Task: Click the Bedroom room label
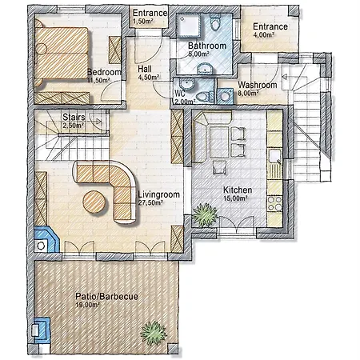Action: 104,72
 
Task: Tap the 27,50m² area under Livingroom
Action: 150,202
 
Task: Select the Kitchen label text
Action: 238,190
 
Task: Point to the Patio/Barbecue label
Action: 106,296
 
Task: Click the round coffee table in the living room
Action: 94,202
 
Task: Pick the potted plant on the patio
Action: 154,333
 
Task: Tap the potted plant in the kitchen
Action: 205,214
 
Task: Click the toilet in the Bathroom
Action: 215,22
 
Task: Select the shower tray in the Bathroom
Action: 190,25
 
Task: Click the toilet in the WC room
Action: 205,96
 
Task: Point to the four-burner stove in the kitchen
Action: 275,203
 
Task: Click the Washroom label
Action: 258,85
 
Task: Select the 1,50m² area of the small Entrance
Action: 143,22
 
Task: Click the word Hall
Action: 145,69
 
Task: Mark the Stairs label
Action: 74,117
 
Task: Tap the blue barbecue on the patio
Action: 41,330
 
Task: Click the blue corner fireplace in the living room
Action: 46,239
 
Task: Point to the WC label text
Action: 180,94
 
